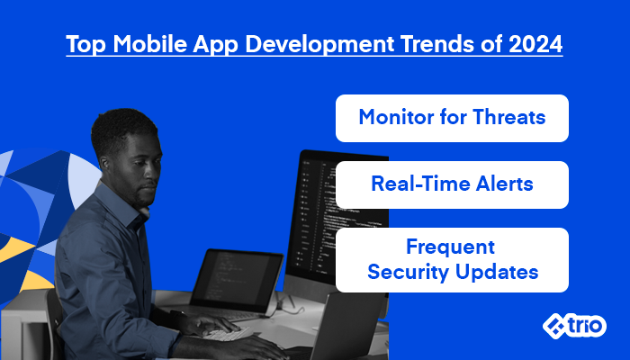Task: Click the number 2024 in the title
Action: (x=535, y=44)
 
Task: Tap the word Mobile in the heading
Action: (x=150, y=44)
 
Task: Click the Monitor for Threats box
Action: (x=452, y=118)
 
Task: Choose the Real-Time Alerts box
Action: (x=452, y=184)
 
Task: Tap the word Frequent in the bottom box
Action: (x=450, y=247)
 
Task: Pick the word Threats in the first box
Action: (x=509, y=117)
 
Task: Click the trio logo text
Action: (x=586, y=325)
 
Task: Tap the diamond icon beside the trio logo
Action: (x=554, y=326)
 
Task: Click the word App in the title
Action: (x=216, y=45)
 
